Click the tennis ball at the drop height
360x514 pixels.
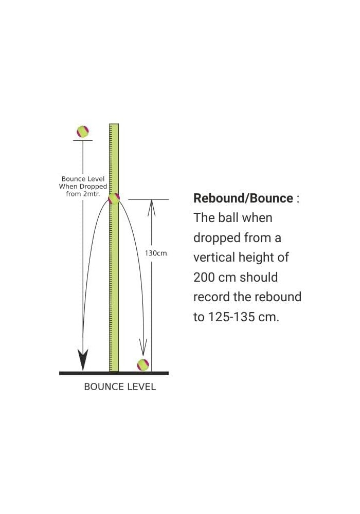[83, 132]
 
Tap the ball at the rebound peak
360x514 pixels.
[114, 199]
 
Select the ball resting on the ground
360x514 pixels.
[143, 365]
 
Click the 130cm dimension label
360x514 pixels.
[156, 253]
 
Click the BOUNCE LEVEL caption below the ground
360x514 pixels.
[120, 387]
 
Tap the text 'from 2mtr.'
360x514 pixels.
[83, 194]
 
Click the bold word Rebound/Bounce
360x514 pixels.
[243, 198]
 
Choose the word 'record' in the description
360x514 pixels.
[211, 297]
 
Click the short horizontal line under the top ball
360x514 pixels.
[83, 140]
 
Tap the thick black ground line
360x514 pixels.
[114, 373]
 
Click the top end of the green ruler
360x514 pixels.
[114, 124]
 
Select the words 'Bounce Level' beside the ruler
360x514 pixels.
[83, 179]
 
